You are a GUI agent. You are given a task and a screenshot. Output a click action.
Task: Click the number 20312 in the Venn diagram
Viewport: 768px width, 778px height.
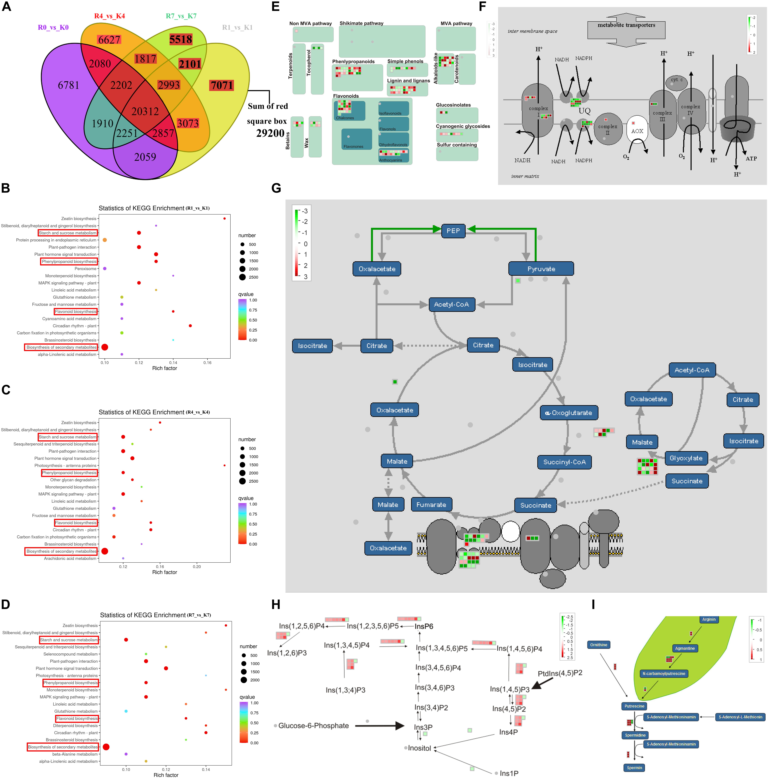pos(145,112)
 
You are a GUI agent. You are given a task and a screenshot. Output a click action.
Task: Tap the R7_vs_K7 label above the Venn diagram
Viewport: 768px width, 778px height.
pos(181,16)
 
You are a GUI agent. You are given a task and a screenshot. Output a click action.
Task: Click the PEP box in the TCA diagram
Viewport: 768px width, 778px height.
pos(453,231)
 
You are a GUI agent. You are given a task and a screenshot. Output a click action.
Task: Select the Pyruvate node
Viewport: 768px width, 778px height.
pos(541,269)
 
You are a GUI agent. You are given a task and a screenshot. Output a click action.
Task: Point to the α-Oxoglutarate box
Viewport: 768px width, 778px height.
pos(569,413)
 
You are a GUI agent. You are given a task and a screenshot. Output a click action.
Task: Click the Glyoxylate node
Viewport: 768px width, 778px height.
pos(686,458)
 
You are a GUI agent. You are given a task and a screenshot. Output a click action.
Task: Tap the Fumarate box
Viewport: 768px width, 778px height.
pos(431,505)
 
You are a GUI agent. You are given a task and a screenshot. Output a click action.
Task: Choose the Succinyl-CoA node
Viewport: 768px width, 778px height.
pos(564,462)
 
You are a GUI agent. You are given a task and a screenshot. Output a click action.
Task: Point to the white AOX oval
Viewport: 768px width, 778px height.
pos(637,130)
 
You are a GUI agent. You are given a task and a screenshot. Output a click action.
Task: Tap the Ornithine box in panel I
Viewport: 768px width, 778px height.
pos(598,645)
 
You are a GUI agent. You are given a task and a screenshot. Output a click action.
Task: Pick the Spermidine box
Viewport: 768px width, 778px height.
pos(635,735)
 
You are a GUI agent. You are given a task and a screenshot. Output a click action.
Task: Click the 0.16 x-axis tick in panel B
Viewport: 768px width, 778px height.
pos(207,362)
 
